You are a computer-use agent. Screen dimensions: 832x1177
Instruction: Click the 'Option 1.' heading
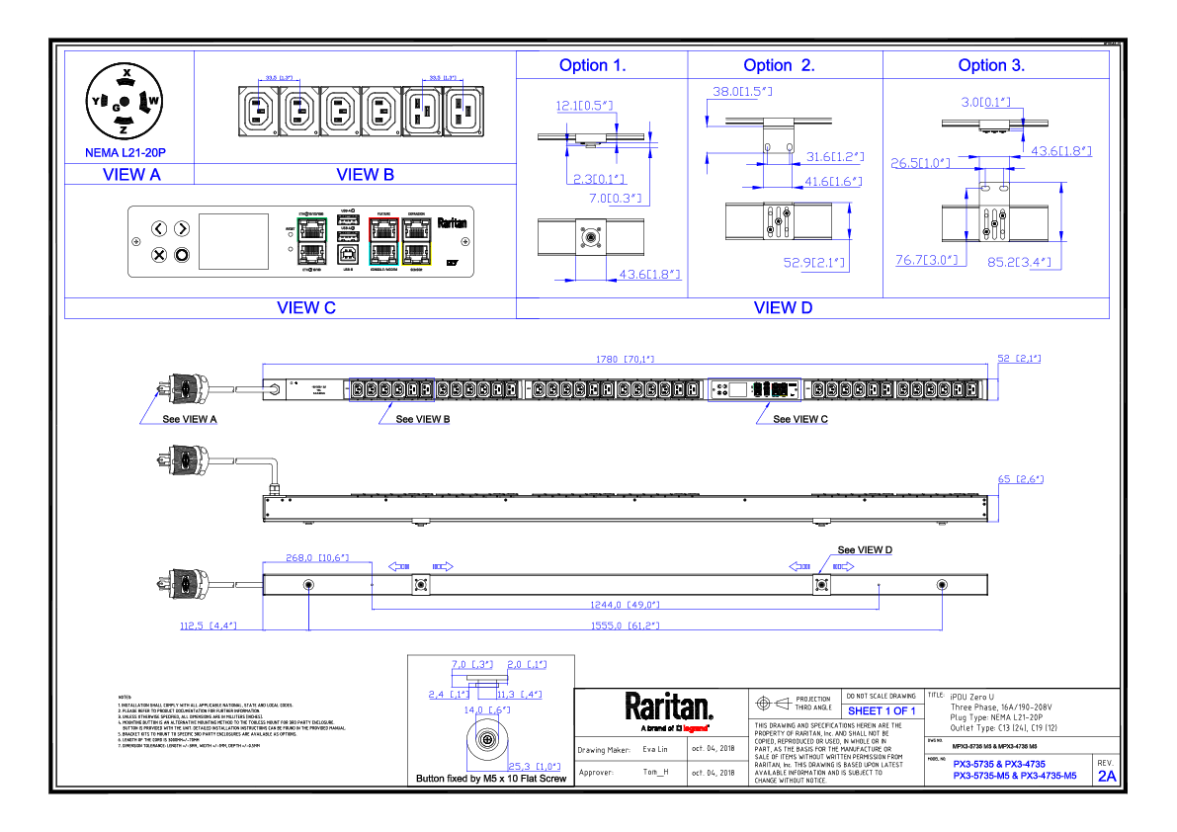[592, 66]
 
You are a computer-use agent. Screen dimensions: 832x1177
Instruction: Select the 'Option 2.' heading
[779, 66]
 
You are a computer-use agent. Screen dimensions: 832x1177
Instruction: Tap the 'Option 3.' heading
[991, 66]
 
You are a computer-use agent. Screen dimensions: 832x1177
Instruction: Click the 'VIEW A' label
[131, 175]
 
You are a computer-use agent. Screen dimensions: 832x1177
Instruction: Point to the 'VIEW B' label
[365, 175]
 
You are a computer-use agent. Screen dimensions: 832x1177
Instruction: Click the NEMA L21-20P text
[126, 153]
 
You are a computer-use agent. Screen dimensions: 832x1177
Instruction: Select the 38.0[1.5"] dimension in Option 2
[742, 92]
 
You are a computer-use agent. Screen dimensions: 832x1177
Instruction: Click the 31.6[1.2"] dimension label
[835, 157]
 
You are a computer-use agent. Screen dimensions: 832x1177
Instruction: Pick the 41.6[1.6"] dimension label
[833, 182]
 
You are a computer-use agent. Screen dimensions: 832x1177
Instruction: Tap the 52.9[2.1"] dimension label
[815, 264]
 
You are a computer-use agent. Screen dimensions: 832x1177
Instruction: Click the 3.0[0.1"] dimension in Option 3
[985, 102]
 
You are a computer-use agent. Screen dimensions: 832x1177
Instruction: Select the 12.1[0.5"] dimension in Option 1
[585, 105]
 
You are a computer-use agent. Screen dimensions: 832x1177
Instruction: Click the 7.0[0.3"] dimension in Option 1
[616, 199]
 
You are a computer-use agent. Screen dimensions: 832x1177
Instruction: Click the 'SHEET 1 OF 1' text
[882, 711]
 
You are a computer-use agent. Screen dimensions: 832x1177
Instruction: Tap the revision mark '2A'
[1107, 777]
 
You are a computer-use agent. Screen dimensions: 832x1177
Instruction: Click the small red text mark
[695, 728]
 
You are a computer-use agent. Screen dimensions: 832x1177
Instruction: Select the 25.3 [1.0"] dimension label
[534, 767]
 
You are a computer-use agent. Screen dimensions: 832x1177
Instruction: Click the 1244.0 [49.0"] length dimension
[625, 605]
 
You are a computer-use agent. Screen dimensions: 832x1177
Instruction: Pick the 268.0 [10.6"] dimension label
[317, 558]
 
